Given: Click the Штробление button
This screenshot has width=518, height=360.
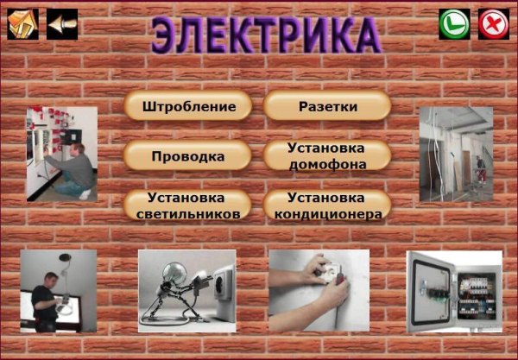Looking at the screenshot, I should coord(187,106).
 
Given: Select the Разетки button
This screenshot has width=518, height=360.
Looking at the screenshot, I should coord(327,106).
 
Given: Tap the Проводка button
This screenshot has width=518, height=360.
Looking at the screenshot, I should coord(187,156).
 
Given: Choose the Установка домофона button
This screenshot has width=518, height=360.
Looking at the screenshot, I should coord(327,156).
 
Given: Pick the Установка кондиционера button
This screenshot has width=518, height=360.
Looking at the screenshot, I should coord(327,205).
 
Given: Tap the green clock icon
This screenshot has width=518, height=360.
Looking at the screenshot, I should coord(454,24).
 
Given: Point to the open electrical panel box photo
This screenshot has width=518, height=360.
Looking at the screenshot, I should coord(453,292).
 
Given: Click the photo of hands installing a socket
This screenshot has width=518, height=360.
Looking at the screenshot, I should coord(318,291).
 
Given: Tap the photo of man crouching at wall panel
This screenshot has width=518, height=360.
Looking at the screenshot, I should coord(60,154).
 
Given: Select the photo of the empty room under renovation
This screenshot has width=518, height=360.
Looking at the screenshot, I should coord(455,153).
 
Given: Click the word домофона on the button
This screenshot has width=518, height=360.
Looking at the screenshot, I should coord(327,164).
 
